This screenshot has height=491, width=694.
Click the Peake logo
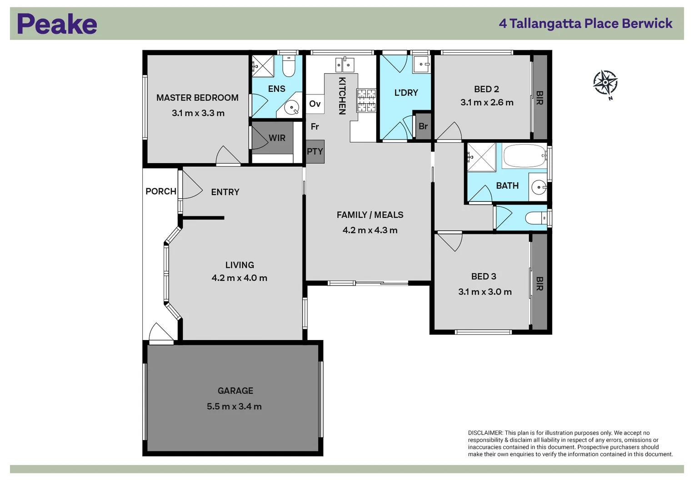point(57,24)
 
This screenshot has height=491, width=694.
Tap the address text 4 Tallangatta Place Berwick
point(585,24)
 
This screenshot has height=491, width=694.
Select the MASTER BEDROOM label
point(197,98)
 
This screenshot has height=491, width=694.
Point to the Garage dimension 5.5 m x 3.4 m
point(234,406)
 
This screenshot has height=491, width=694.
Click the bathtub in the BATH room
point(524,156)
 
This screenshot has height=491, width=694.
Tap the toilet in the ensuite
point(289,66)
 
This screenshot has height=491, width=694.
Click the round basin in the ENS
point(291,108)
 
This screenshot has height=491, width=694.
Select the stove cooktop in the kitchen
point(366,100)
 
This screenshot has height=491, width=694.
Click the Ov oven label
point(315,104)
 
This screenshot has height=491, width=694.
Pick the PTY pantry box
point(315,151)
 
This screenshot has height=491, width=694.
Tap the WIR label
point(277,138)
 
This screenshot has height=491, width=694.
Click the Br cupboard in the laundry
point(423,126)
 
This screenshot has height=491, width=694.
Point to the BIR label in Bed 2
point(539,98)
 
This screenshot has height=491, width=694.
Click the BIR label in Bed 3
point(539,283)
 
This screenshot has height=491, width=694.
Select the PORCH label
point(160,191)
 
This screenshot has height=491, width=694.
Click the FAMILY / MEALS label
point(369,215)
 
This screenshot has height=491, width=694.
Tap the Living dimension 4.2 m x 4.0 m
point(239,278)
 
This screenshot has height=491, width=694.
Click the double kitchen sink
point(345,65)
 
